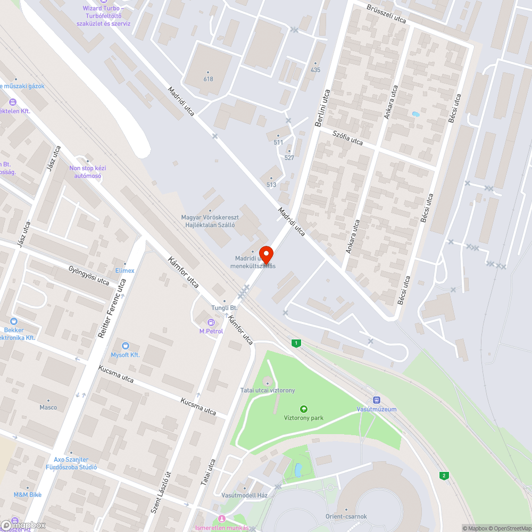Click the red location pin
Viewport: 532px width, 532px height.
pyautogui.click(x=265, y=253)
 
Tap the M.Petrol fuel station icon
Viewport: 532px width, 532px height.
pyautogui.click(x=211, y=322)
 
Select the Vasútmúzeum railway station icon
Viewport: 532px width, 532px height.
pyautogui.click(x=377, y=400)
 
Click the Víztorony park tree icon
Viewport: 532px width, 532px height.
pyautogui.click(x=303, y=409)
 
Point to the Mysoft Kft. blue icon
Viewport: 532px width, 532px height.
pyautogui.click(x=125, y=346)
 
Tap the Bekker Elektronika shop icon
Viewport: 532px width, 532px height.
pyautogui.click(x=13, y=321)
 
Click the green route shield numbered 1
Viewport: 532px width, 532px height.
pyautogui.click(x=295, y=343)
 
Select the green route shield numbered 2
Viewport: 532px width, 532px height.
pyautogui.click(x=443, y=475)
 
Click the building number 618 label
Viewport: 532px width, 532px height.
pyautogui.click(x=208, y=79)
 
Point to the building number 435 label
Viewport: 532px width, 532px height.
pyautogui.click(x=315, y=70)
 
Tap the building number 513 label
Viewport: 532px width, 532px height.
pyautogui.click(x=271, y=185)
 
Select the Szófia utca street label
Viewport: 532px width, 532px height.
pyautogui.click(x=347, y=138)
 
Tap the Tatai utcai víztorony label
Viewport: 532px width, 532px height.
pyautogui.click(x=268, y=390)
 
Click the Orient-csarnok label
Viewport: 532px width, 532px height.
pyautogui.click(x=346, y=516)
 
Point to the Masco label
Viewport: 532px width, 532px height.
pyautogui.click(x=48, y=408)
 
